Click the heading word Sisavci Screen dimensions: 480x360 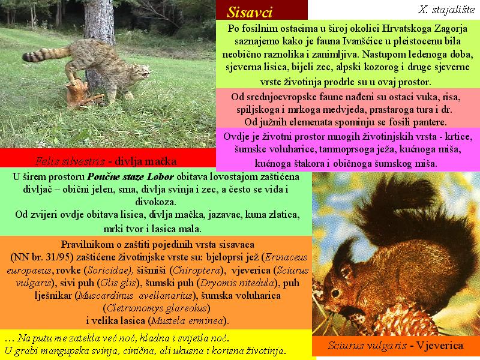249,12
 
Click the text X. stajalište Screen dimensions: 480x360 446,10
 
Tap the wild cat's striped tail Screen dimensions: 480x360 46,54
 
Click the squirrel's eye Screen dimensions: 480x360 335,293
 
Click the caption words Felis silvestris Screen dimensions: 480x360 70,161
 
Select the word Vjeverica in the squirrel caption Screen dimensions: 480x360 440,346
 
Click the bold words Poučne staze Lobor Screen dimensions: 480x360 130,177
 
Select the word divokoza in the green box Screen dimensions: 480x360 156,202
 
